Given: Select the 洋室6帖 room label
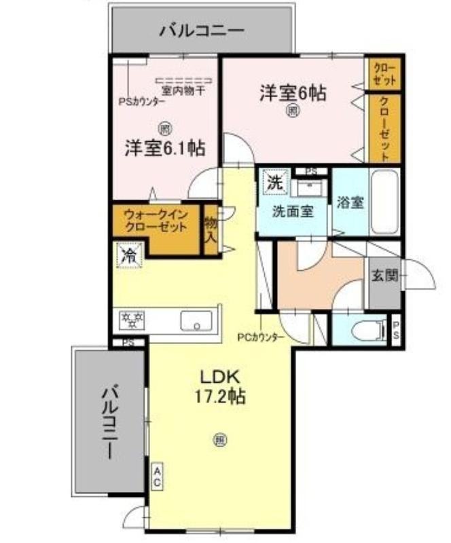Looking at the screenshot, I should pos(292,94).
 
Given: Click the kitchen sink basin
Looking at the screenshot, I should pos(197,320).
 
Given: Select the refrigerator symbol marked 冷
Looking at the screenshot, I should pos(128,256).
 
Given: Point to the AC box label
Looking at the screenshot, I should pos(156,477).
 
